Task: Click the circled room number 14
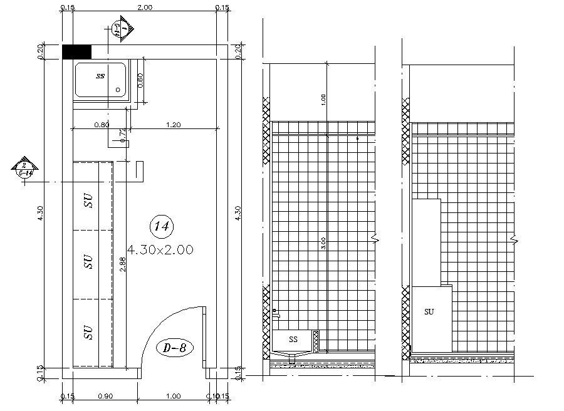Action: tap(162, 226)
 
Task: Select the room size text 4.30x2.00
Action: tap(160, 249)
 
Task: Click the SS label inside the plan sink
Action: tap(100, 76)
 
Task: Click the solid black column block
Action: tap(77, 52)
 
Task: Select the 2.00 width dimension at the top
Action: tap(144, 8)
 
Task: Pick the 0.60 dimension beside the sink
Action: tap(140, 80)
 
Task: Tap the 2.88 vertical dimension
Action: tap(123, 265)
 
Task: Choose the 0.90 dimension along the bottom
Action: tap(106, 396)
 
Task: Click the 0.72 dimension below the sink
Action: tap(123, 133)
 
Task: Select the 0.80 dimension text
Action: tap(102, 125)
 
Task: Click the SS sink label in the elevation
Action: tap(293, 339)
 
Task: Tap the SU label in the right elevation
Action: tap(429, 311)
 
